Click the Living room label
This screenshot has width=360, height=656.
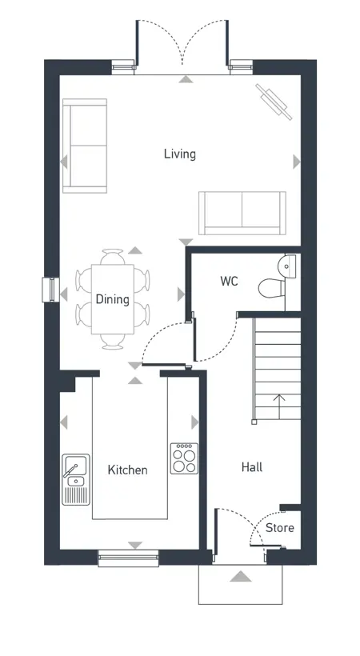pos(179,154)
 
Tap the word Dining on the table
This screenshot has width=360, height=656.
pos(112,299)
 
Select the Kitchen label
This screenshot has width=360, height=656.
pos(127,470)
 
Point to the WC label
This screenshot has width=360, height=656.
pos(229,281)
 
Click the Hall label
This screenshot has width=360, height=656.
pos(252,467)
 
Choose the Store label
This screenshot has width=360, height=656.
pos(280,527)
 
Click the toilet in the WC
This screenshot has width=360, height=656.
pos(272,289)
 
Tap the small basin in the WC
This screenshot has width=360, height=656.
pos(287,266)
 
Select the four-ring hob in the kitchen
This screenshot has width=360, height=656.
pos(184,458)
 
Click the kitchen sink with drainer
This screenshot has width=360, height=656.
pos(76,479)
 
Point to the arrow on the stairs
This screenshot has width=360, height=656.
pos(279,402)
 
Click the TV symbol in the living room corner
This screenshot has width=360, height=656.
pos(274,102)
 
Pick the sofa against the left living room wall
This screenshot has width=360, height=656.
pos(85,146)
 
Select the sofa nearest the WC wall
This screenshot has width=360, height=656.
pos(242,213)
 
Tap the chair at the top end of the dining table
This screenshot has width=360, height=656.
pos(113,256)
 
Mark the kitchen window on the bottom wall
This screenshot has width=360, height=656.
pos(129,558)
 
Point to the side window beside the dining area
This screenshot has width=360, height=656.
pos(50,290)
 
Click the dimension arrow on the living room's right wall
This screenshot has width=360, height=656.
pos(297,162)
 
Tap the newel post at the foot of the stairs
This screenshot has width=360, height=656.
pos(254,422)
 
